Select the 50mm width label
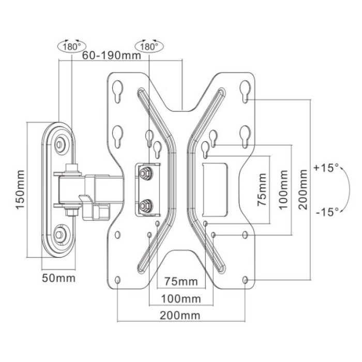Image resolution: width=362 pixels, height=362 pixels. point(58,278)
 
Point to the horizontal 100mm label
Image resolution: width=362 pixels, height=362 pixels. point(180,299)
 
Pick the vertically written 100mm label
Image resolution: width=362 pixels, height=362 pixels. point(283,190)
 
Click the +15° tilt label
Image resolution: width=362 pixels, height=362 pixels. point(326,168)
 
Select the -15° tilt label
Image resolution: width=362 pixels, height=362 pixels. point(326,210)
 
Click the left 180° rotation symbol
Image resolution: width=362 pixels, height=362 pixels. point(71,46)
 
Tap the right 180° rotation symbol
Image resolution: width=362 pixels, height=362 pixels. point(148,46)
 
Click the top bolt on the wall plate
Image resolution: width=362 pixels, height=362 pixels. point(61,143)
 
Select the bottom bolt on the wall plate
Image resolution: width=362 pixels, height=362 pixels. point(61,235)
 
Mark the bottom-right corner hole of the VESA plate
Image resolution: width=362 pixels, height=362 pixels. point(245,280)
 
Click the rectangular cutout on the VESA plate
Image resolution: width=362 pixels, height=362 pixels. point(215,189)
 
